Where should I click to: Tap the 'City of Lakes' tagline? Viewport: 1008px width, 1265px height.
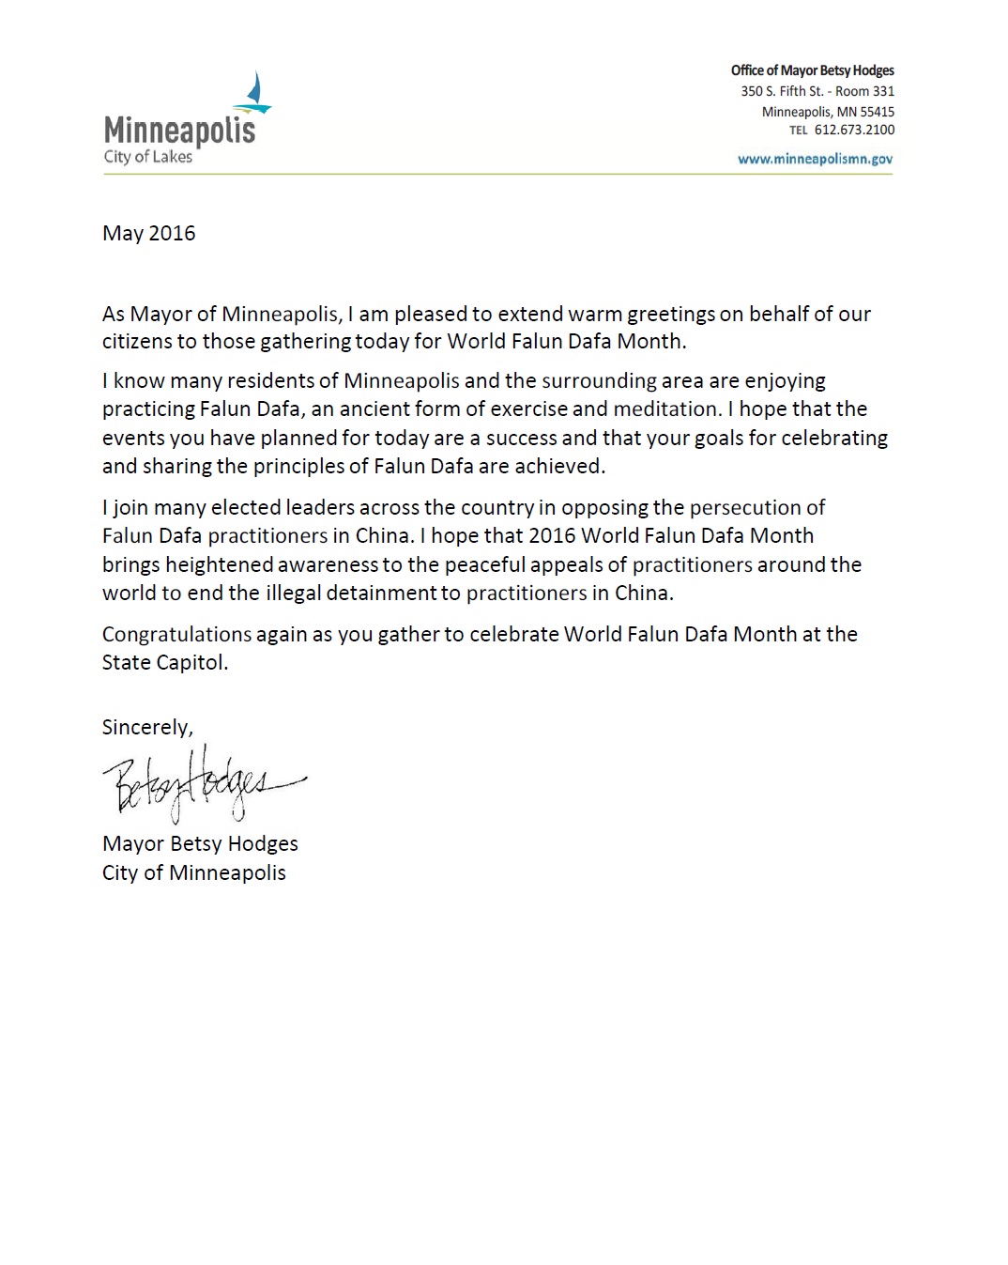(x=147, y=157)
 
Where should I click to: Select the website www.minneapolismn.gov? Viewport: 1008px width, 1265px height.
(x=815, y=159)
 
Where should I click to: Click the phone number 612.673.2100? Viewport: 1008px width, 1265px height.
(x=854, y=130)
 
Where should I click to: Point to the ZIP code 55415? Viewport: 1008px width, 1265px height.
(x=877, y=111)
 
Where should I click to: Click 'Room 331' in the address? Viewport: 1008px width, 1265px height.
(x=864, y=91)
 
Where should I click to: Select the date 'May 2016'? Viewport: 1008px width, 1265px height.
(x=148, y=233)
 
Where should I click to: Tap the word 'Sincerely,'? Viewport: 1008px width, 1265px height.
(x=147, y=727)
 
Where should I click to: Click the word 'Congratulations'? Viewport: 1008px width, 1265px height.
(x=176, y=634)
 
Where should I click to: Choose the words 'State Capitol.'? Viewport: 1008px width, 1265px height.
(x=165, y=662)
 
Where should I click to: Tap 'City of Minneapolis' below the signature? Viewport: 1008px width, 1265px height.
(x=193, y=872)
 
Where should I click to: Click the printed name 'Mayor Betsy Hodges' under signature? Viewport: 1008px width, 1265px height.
(x=200, y=843)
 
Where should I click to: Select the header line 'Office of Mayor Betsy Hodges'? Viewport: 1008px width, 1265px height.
(x=812, y=70)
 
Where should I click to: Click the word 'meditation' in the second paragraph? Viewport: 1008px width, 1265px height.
(x=665, y=409)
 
